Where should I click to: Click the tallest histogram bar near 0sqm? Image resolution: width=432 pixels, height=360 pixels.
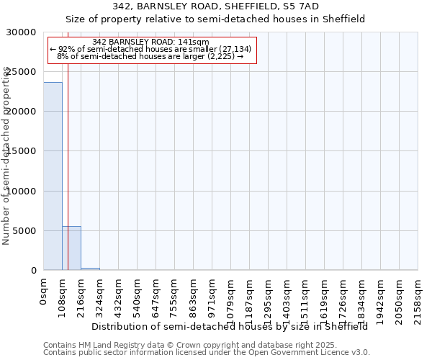click(x=53, y=176)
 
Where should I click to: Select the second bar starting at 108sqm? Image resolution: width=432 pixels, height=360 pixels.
click(x=71, y=248)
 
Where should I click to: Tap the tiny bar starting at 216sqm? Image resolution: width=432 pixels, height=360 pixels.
click(x=90, y=269)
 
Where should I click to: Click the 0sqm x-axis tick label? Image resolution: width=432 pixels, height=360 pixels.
click(x=44, y=292)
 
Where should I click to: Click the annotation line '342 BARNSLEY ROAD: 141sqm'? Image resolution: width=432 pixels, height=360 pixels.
click(x=151, y=42)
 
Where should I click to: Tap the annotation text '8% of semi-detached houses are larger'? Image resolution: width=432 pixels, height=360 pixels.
click(x=151, y=55)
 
